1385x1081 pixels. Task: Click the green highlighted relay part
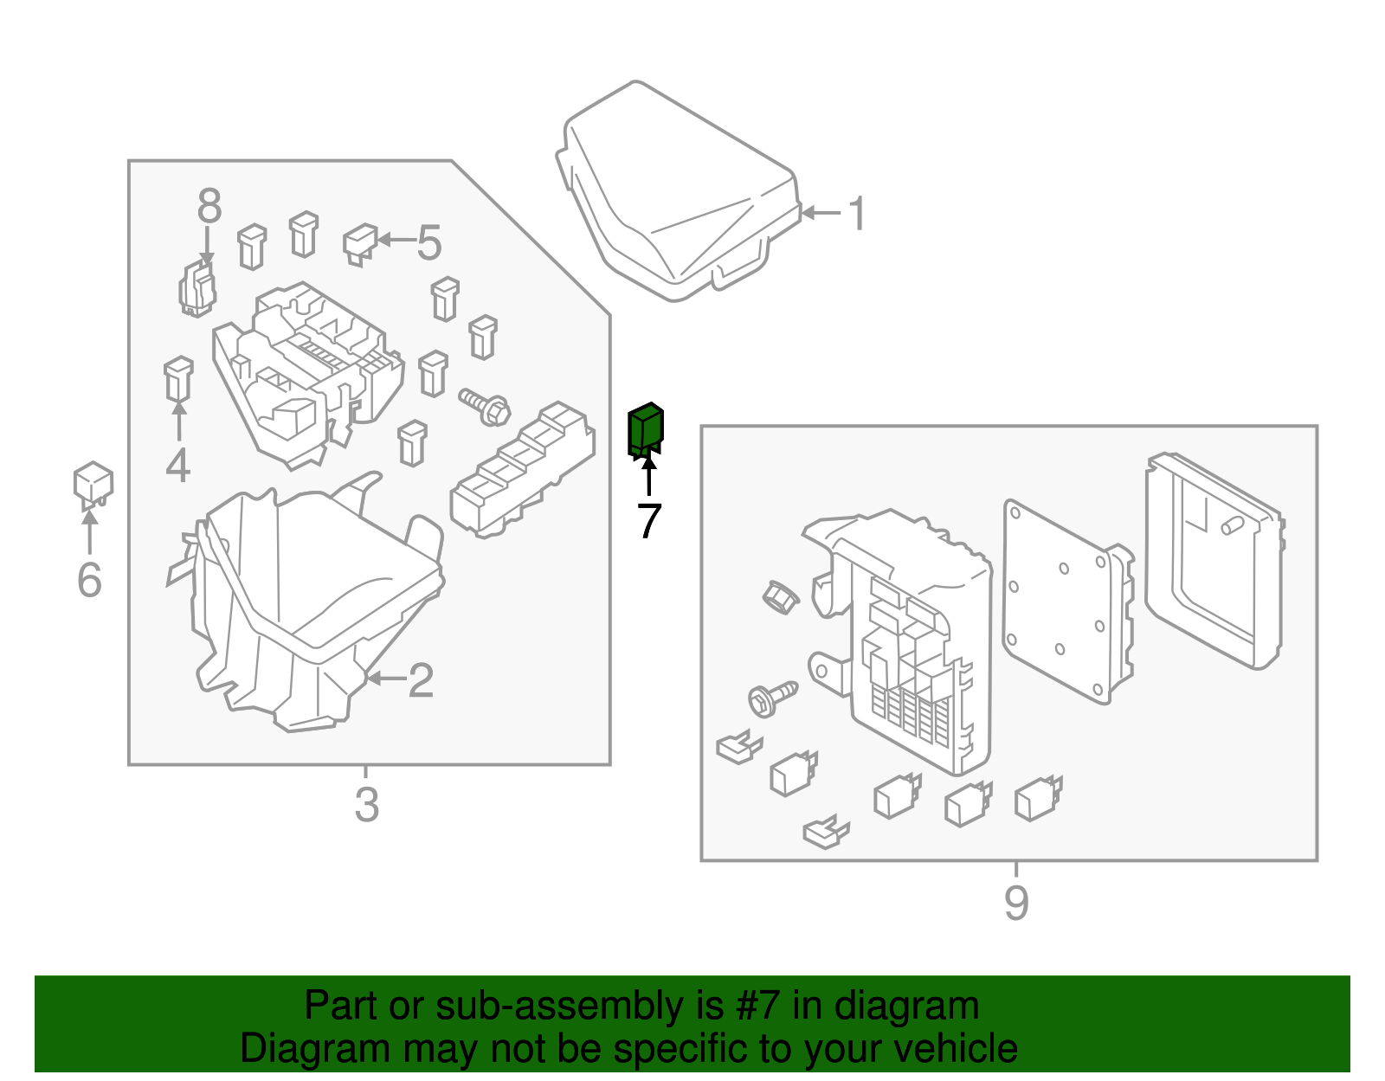pos(645,430)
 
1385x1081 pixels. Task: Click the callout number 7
pos(649,520)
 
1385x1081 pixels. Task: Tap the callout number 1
pos(857,214)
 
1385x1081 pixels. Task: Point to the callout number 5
pos(429,242)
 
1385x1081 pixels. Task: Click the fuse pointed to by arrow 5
pos(361,244)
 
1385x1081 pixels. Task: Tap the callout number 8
pos(209,206)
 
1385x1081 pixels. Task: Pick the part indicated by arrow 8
pos(197,288)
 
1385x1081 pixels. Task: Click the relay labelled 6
pos(93,484)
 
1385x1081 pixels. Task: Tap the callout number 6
pos(89,580)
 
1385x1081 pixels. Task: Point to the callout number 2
pos(422,679)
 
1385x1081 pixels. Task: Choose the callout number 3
pos(366,805)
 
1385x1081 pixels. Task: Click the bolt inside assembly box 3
pos(485,407)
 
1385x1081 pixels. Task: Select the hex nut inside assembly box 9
pos(780,597)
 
